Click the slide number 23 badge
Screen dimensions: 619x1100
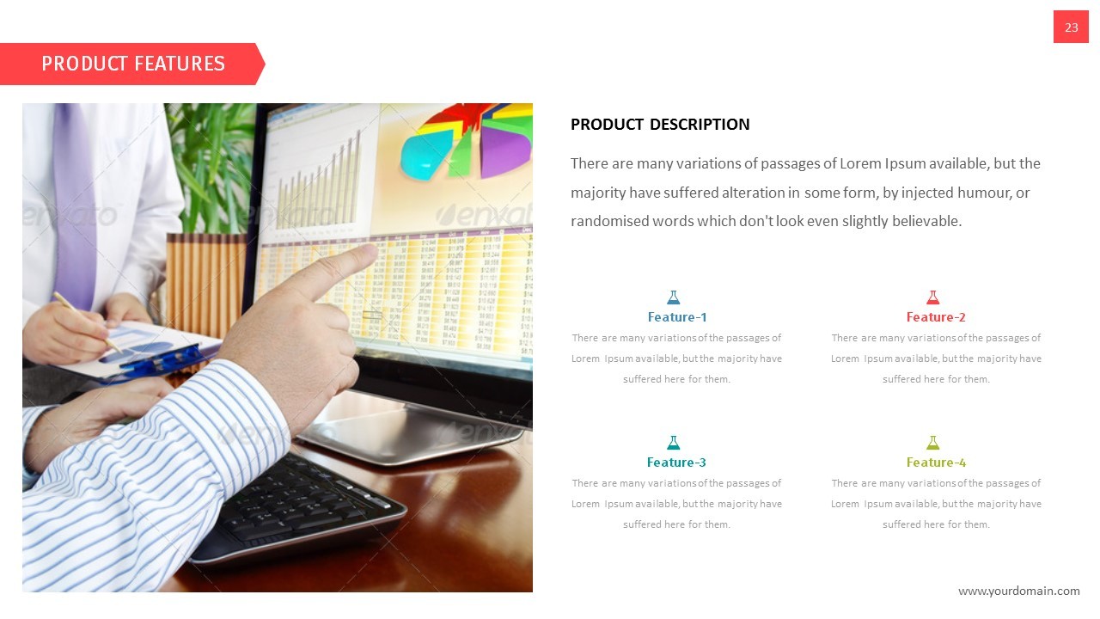pos(1071,28)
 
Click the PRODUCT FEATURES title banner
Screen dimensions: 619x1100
pos(132,64)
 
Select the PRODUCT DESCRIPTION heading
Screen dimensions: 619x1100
pos(660,125)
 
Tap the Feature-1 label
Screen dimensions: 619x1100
pos(677,317)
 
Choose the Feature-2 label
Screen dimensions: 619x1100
pos(936,317)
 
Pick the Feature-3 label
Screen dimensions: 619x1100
pos(676,463)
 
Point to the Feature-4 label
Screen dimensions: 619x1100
pos(936,463)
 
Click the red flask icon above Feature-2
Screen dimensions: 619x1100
pos(932,297)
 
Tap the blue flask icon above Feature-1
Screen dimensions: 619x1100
pos(674,297)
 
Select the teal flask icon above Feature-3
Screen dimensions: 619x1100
pos(674,443)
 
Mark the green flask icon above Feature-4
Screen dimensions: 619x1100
pos(932,443)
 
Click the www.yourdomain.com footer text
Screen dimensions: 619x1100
pos(1018,591)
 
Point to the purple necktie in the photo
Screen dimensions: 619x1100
pos(75,206)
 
